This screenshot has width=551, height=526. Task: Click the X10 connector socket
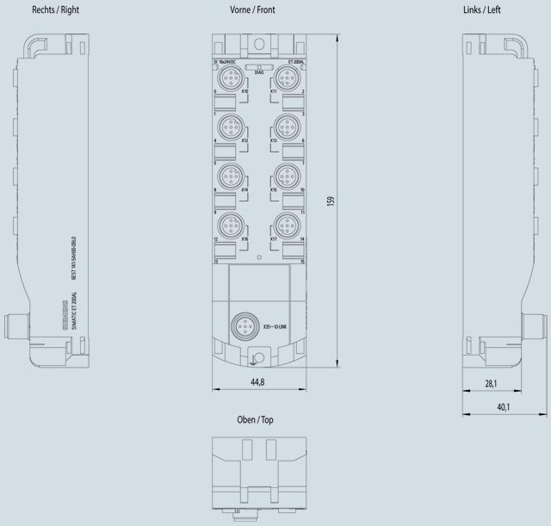click(x=229, y=78)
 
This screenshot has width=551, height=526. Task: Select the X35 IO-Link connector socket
click(x=242, y=326)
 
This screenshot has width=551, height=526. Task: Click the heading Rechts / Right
click(x=54, y=9)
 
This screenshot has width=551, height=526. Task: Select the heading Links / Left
click(x=505, y=9)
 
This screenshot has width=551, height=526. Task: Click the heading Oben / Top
click(x=255, y=420)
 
